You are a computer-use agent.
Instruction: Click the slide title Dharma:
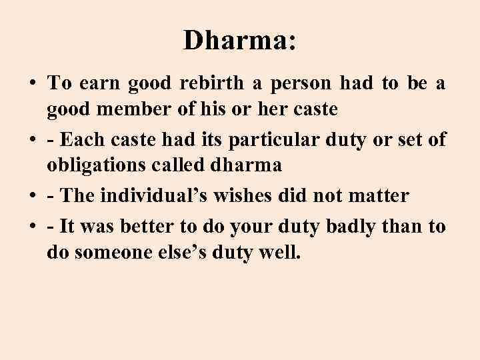pyautogui.click(x=239, y=41)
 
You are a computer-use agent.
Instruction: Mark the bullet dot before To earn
pyautogui.click(x=32, y=85)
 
